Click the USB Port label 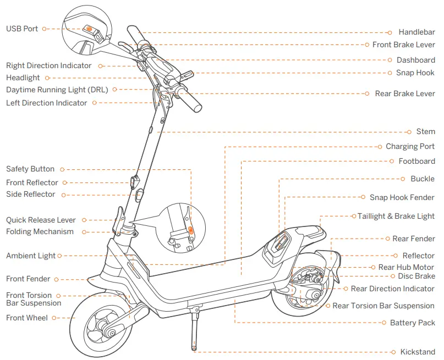click(x=22, y=29)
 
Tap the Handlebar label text click(x=416, y=32)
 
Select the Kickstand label click(x=418, y=352)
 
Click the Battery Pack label click(x=412, y=323)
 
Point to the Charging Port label click(x=410, y=147)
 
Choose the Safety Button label click(x=30, y=169)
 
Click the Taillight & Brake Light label click(x=396, y=216)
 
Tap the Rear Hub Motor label click(x=406, y=267)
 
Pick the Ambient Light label click(x=31, y=256)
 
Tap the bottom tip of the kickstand click(x=194, y=347)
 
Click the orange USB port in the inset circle click(x=89, y=28)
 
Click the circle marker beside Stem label click(x=410, y=132)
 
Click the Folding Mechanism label click(x=40, y=232)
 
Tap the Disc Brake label click(x=416, y=276)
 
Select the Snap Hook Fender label click(x=402, y=197)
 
